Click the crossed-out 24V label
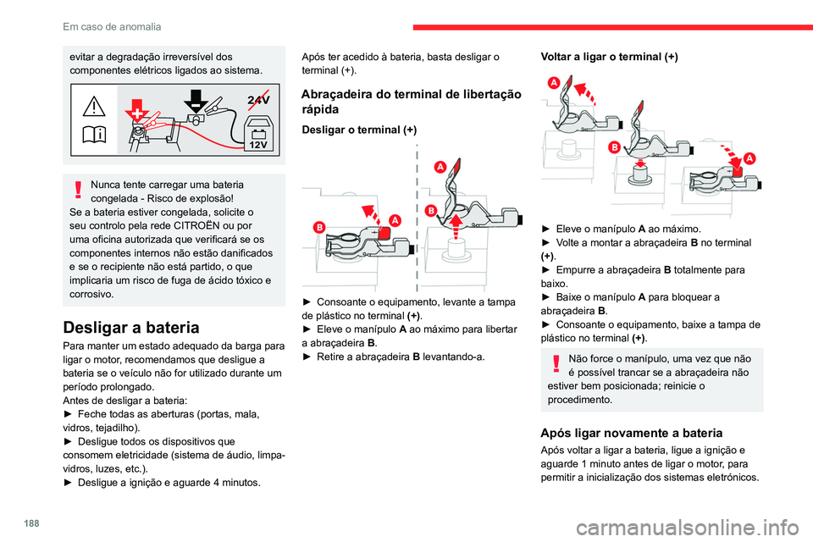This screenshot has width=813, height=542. point(258,100)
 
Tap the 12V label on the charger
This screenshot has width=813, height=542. point(258,144)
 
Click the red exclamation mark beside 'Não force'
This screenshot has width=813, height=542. point(557,365)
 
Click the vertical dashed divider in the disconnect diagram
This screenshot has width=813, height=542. point(416,220)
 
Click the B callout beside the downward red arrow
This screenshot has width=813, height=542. point(614,147)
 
